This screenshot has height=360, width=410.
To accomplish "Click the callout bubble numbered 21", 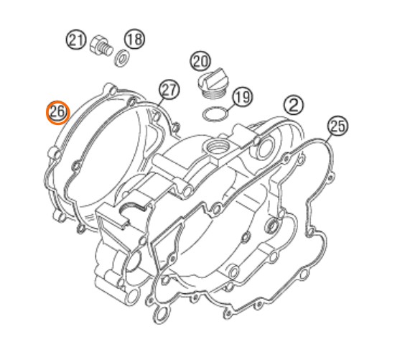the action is [x=76, y=40].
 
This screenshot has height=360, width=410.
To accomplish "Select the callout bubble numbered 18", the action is [x=135, y=39].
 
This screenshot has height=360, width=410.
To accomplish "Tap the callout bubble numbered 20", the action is [x=200, y=61].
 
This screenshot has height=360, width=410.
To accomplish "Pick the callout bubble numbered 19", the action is [x=243, y=97].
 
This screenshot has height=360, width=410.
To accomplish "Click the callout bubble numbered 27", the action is [x=169, y=90].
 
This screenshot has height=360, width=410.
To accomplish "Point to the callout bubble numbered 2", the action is [x=294, y=105].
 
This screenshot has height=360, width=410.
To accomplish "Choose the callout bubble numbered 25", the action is [x=337, y=126].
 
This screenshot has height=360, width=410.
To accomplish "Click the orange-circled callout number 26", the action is [x=57, y=112].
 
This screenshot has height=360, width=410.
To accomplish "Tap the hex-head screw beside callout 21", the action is [x=101, y=47].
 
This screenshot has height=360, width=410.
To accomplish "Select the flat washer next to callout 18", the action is [x=121, y=57].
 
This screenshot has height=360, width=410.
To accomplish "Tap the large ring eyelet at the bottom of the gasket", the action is [x=161, y=315].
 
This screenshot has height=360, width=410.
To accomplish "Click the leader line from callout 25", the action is [x=329, y=139].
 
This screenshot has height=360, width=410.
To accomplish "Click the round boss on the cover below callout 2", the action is [x=264, y=149].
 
